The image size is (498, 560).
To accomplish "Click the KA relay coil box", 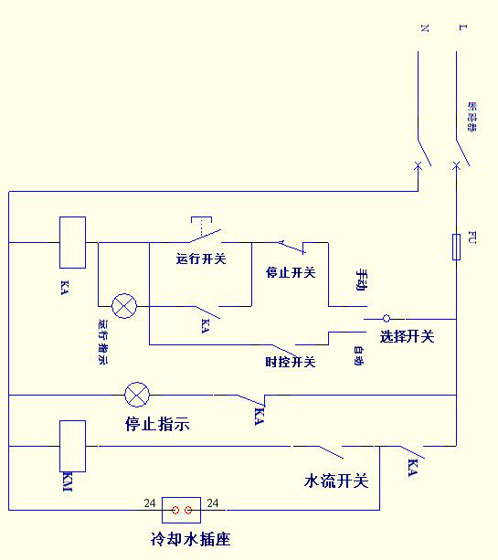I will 72,242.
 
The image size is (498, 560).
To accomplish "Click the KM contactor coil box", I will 72,446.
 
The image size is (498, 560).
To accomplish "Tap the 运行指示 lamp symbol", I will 123,306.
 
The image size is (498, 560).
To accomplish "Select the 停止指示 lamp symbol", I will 137,395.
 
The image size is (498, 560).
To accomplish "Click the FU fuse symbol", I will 456,247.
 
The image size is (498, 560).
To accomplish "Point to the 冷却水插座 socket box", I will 181,510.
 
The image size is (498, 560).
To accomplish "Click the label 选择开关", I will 407,337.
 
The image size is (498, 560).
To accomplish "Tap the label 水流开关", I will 335,481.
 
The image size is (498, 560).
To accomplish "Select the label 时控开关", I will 290,362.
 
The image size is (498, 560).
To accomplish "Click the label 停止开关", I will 291,272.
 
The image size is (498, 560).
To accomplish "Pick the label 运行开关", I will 201,259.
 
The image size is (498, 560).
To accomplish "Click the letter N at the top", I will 423,28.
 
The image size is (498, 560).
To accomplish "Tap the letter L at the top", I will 462,28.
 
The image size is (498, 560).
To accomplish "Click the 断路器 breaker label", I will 472,116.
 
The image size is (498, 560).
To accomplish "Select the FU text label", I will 472,238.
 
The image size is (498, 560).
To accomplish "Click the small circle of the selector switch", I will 386,318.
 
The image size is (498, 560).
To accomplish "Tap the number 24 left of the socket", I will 150,503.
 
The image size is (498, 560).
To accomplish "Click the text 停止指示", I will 157,424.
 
